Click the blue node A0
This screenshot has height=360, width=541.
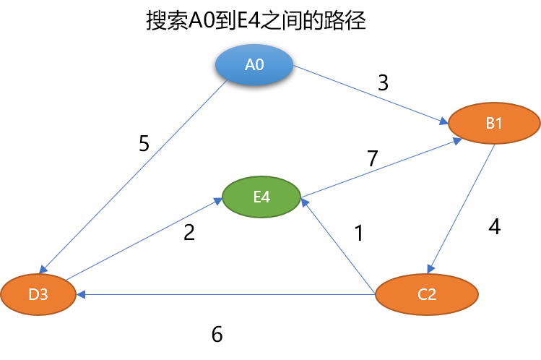click(254, 65)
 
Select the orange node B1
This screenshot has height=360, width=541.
click(494, 124)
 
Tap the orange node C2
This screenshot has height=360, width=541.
click(427, 295)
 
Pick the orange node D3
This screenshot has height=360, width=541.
click(38, 295)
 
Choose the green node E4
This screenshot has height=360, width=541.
click(261, 196)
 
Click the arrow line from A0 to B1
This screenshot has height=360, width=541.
click(368, 94)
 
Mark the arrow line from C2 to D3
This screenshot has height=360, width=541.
click(224, 295)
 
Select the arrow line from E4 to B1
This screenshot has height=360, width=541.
click(379, 168)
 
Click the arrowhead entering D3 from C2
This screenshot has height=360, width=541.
click(81, 295)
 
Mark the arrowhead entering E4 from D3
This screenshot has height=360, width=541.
click(217, 202)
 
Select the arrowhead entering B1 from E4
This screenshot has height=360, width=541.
click(458, 140)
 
